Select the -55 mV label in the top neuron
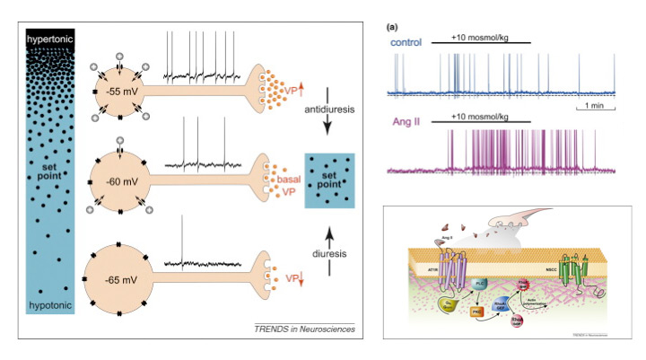[x=121, y=92]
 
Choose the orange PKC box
[x=479, y=310]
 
